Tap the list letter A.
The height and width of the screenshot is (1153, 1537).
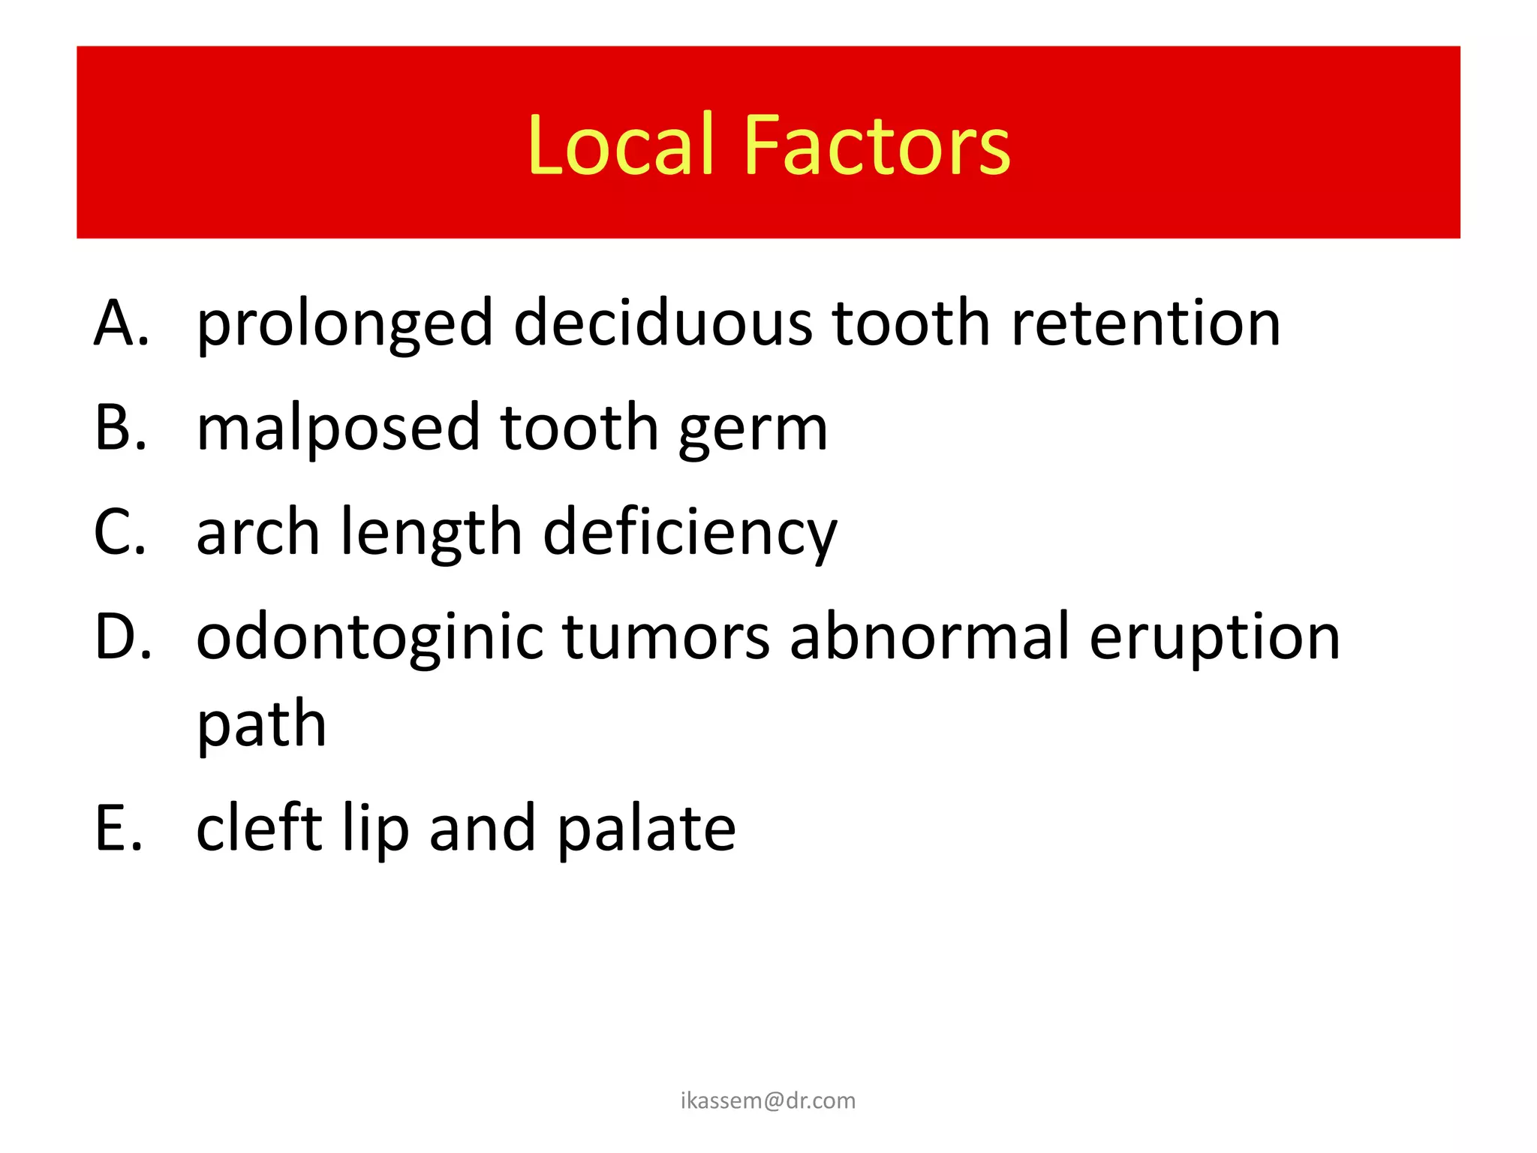pyautogui.click(x=121, y=324)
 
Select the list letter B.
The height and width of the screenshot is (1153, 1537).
pyautogui.click(x=120, y=427)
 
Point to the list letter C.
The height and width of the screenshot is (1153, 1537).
pyautogui.click(x=120, y=531)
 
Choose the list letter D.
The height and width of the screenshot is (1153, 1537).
pyautogui.click(x=122, y=636)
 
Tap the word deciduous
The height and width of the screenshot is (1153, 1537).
pyautogui.click(x=663, y=324)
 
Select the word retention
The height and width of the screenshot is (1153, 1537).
pyautogui.click(x=1145, y=324)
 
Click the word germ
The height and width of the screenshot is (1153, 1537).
pyautogui.click(x=753, y=432)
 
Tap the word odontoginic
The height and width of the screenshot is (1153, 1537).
pyautogui.click(x=369, y=637)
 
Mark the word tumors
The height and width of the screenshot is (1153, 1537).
pyautogui.click(x=666, y=637)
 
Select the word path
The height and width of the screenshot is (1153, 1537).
pyautogui.click(x=261, y=726)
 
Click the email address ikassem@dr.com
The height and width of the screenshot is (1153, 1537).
pyautogui.click(x=768, y=1100)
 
